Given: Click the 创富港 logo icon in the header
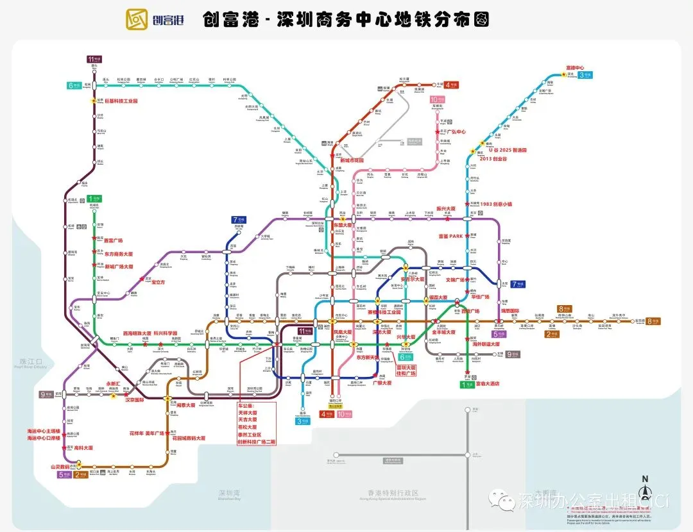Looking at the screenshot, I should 137,20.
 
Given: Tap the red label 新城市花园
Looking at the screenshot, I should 352,160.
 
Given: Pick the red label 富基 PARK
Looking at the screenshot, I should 450,237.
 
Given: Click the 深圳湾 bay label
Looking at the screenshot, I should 230,493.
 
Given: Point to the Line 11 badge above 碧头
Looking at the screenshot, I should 94,59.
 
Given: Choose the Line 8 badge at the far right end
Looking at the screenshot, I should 653,321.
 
